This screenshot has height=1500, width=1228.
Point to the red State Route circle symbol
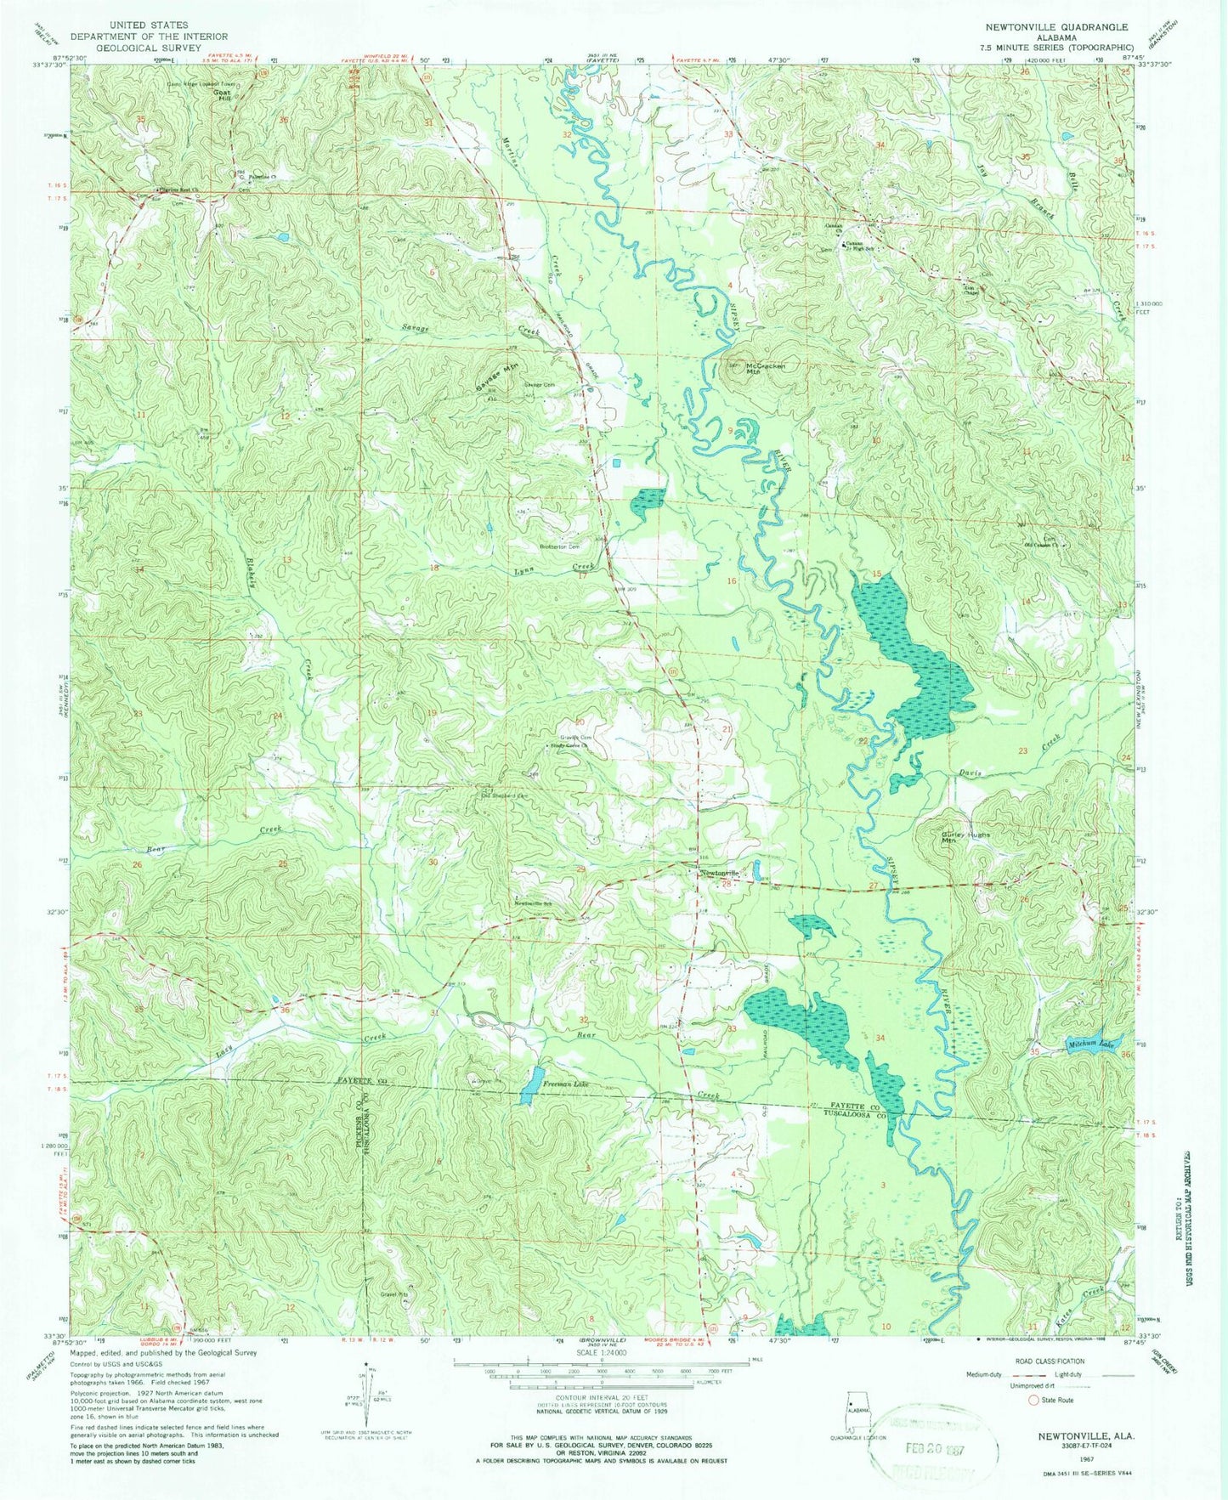1033,1423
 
